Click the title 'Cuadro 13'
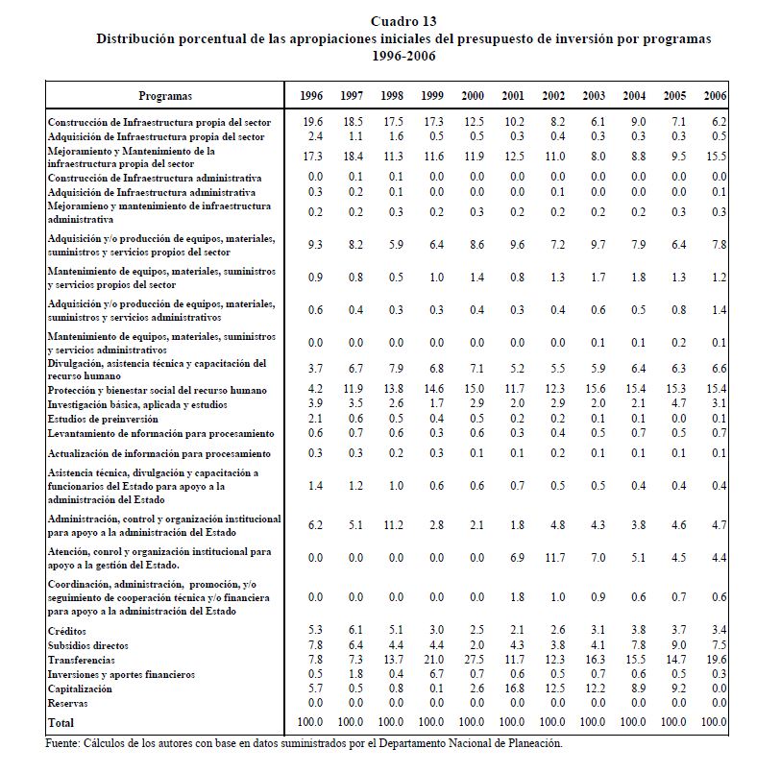(403, 22)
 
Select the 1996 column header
(310, 96)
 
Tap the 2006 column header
(715, 96)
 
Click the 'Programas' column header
(165, 96)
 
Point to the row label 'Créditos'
(68, 631)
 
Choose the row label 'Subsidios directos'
(87, 645)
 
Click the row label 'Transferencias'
(81, 661)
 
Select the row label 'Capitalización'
(82, 689)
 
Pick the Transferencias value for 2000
(472, 661)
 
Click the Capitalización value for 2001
(512, 689)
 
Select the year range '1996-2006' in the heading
(403, 56)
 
